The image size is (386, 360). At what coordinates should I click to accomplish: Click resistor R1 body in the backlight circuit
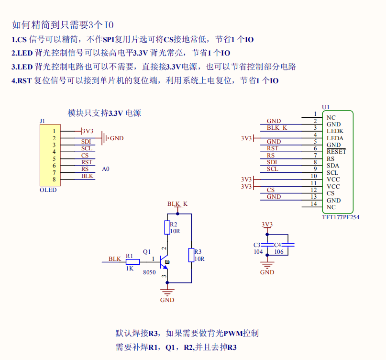tap(132, 262)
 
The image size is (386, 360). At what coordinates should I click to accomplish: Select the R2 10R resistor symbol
tap(167, 227)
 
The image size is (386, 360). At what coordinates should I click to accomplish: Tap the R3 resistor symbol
tap(191, 255)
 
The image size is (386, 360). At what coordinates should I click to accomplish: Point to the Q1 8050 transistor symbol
tap(165, 262)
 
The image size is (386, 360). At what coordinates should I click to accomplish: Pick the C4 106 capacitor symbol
tap(288, 245)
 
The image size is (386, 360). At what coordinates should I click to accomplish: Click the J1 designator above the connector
tap(43, 121)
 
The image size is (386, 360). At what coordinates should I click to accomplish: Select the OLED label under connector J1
tap(48, 190)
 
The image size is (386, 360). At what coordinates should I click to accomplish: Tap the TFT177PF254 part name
tap(341, 217)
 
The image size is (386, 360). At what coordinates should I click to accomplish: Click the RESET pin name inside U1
tap(336, 152)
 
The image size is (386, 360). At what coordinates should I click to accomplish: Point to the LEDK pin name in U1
tap(335, 131)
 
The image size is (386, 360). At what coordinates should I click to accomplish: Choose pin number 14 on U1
tap(314, 204)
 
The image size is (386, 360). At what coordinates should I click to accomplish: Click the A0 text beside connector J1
tap(106, 169)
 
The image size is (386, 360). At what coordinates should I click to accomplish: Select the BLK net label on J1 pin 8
tap(87, 176)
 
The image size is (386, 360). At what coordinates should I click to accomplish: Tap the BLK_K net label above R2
tap(177, 204)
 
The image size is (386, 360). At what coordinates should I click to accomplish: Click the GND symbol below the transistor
tap(167, 292)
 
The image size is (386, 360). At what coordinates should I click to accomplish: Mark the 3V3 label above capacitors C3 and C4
tap(267, 224)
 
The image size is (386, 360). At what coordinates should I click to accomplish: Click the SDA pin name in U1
tap(333, 166)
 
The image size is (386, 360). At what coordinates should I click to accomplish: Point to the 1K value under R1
tap(130, 269)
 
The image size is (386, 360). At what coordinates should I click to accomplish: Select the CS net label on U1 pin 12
tap(271, 190)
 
